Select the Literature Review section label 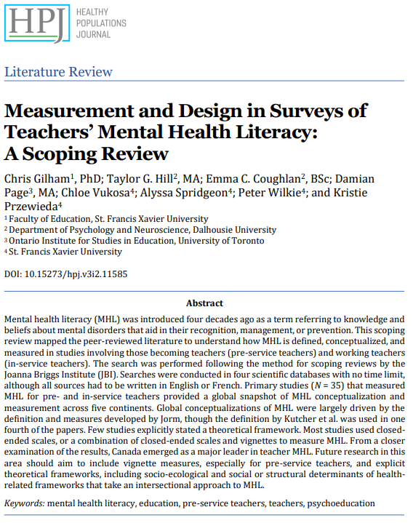click(59, 72)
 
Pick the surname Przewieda click(31, 205)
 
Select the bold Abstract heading click(204, 303)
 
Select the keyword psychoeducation click(341, 503)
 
